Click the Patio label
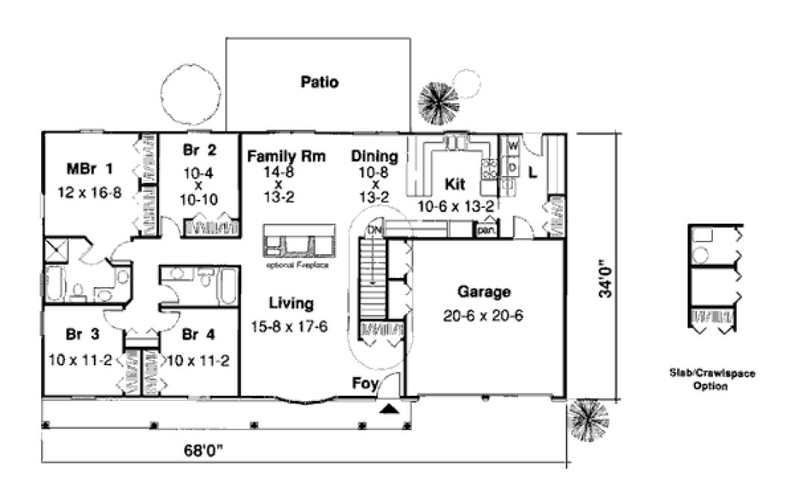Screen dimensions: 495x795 pyautogui.click(x=319, y=82)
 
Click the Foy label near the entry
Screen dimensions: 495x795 pyautogui.click(x=364, y=384)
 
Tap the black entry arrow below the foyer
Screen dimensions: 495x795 pyautogui.click(x=390, y=409)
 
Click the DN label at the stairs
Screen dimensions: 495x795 pyautogui.click(x=374, y=231)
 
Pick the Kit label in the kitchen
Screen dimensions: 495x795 pyautogui.click(x=455, y=183)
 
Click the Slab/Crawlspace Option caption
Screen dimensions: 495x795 pyautogui.click(x=712, y=379)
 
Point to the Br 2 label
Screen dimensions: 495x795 pyautogui.click(x=199, y=150)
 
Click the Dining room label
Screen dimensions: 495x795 pyautogui.click(x=374, y=157)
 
